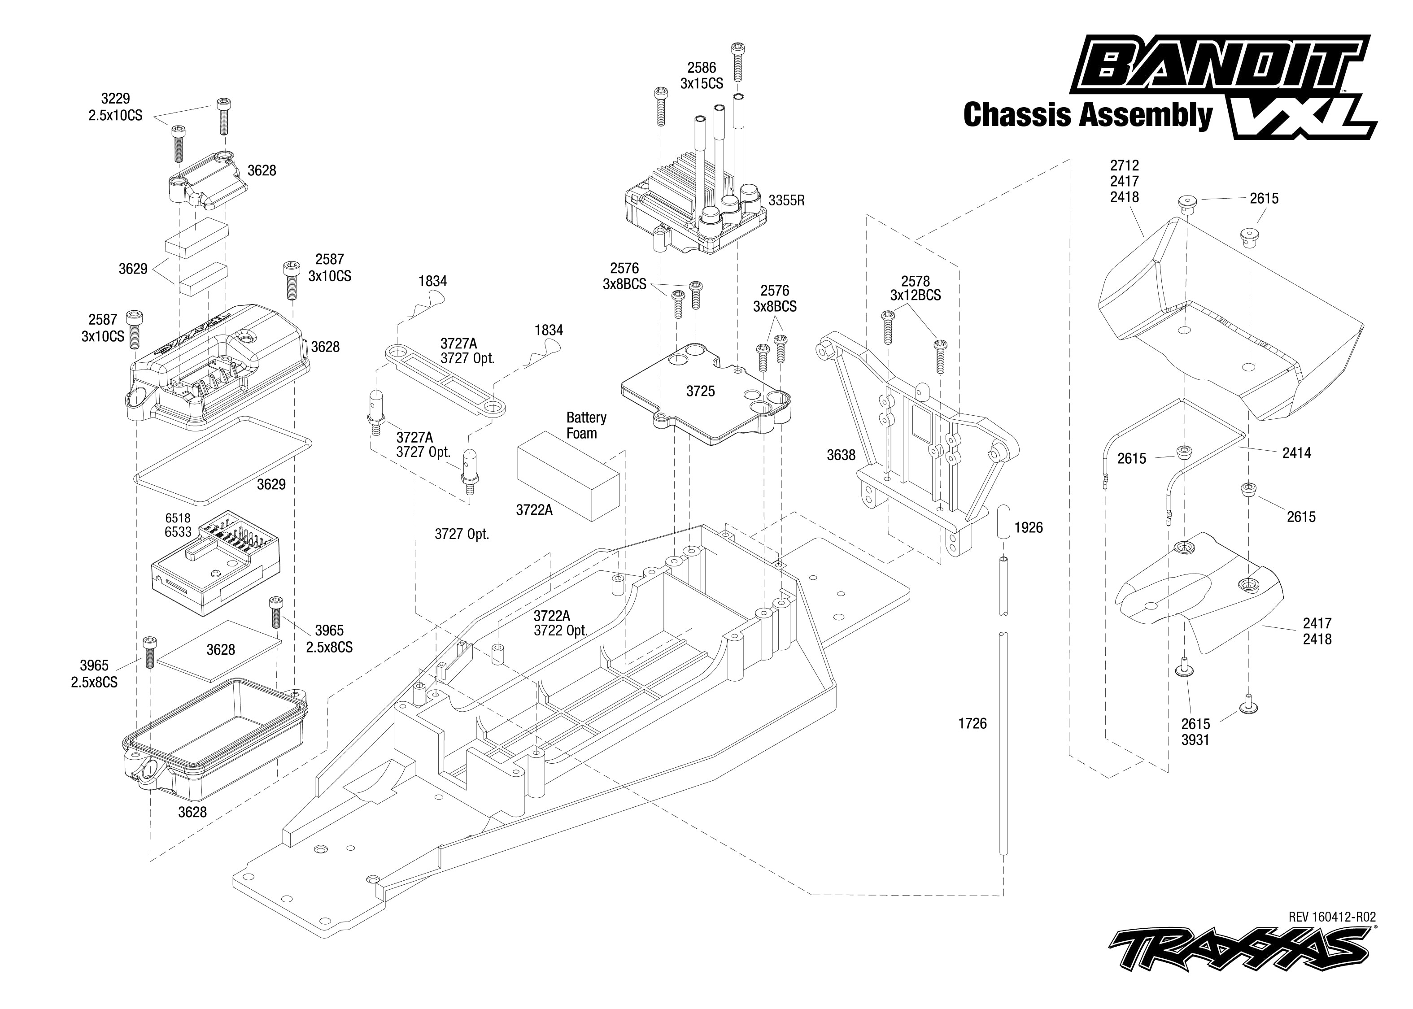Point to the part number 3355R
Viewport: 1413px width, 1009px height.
[786, 201]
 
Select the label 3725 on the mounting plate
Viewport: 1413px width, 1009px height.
[700, 391]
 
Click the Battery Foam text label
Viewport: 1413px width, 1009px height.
[586, 426]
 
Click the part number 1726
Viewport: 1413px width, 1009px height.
[973, 723]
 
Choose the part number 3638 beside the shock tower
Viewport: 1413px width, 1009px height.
[841, 456]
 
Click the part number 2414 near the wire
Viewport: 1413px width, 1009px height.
[1297, 453]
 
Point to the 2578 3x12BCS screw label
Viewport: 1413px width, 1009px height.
[915, 288]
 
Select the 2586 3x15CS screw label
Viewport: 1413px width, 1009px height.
[702, 76]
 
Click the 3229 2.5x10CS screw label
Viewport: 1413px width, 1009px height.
[116, 107]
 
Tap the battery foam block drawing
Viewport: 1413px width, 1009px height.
[568, 476]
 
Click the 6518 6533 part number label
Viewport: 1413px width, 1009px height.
[178, 525]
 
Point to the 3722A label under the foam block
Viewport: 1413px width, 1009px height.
[534, 510]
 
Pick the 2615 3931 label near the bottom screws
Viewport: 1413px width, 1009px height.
[1195, 732]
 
